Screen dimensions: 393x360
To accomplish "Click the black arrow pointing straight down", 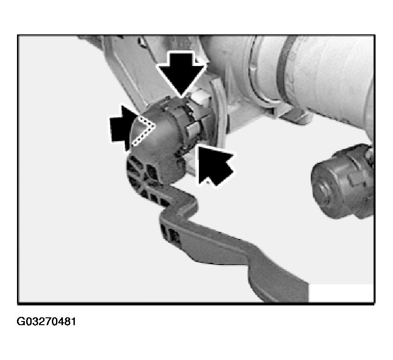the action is pyautogui.click(x=181, y=72).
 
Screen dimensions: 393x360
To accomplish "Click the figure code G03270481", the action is pyautogui.click(x=46, y=321).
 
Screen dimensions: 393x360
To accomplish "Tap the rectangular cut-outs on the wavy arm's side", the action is pyautogui.click(x=171, y=233).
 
